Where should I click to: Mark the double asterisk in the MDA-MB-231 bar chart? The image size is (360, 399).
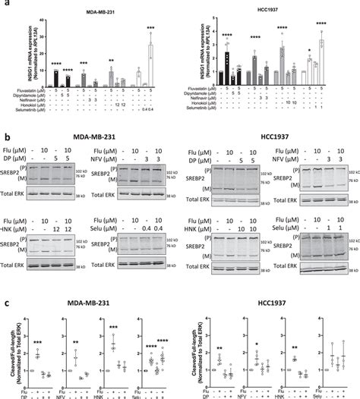pyautogui.click(x=111, y=61)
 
